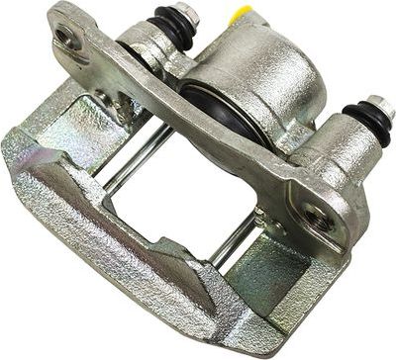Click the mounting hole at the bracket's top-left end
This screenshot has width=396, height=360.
(68, 38)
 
